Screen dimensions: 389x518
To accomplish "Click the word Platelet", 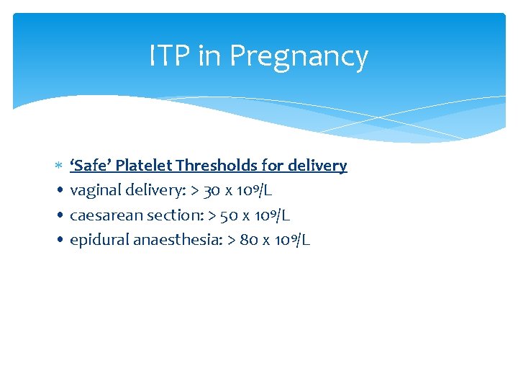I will tap(144, 166).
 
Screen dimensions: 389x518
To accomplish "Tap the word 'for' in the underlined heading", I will tap(273, 166).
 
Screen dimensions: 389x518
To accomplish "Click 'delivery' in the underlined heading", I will tap(317, 166).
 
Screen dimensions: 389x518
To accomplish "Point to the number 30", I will tap(212, 191).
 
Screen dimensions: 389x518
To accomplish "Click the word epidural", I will tap(99, 240).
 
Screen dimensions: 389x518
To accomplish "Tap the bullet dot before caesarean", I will tap(59, 216).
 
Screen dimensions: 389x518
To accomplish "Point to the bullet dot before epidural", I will tap(59, 241).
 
